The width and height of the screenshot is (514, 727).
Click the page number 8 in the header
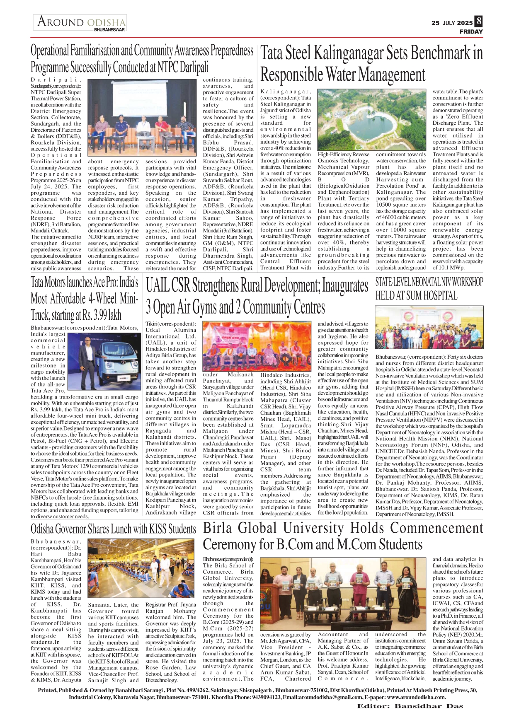click(x=479, y=21)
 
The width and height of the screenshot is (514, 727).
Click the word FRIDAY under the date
click(x=471, y=31)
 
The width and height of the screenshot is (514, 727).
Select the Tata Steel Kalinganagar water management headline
click(x=371, y=64)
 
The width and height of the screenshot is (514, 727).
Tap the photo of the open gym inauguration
click(x=256, y=346)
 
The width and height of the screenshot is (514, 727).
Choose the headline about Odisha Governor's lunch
click(x=113, y=529)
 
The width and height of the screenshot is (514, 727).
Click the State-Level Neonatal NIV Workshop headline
click(x=429, y=289)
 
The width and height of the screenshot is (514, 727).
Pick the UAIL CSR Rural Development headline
click(x=257, y=297)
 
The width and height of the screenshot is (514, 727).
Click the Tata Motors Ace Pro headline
click(x=85, y=298)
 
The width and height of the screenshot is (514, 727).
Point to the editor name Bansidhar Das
click(x=429, y=706)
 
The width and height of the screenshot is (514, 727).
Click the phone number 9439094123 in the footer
click(x=262, y=697)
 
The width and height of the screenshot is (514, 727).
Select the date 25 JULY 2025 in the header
click(x=452, y=23)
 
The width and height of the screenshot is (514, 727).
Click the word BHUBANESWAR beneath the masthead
click(x=109, y=30)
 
